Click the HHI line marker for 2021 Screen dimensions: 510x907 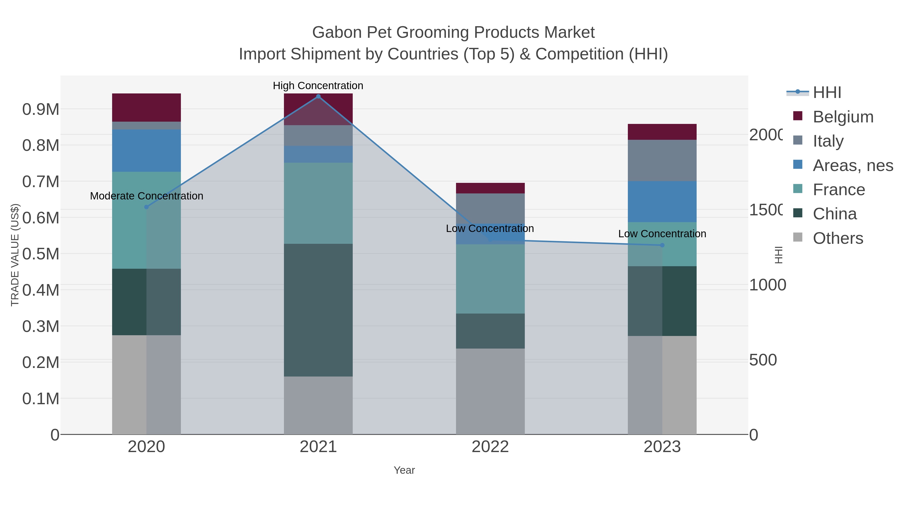pyautogui.click(x=318, y=96)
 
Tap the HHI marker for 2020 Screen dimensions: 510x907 pyautogui.click(x=146, y=207)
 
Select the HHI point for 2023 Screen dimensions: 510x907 pyautogui.click(x=662, y=245)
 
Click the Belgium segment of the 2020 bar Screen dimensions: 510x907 pyautogui.click(x=146, y=107)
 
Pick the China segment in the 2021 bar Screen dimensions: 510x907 pyautogui.click(x=318, y=310)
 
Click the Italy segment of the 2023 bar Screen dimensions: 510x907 pyautogui.click(x=662, y=160)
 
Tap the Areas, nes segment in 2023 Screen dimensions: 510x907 pyautogui.click(x=662, y=201)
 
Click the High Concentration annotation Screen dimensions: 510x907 pyautogui.click(x=318, y=86)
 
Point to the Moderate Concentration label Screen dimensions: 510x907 pyautogui.click(x=146, y=196)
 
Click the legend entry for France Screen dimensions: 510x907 pyautogui.click(x=839, y=190)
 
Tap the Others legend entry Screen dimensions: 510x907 pyautogui.click(x=838, y=238)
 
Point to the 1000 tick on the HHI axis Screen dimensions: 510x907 pyautogui.click(x=767, y=285)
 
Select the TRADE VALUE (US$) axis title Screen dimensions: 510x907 pyautogui.click(x=15, y=255)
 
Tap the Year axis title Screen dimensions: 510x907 pyautogui.click(x=404, y=470)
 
